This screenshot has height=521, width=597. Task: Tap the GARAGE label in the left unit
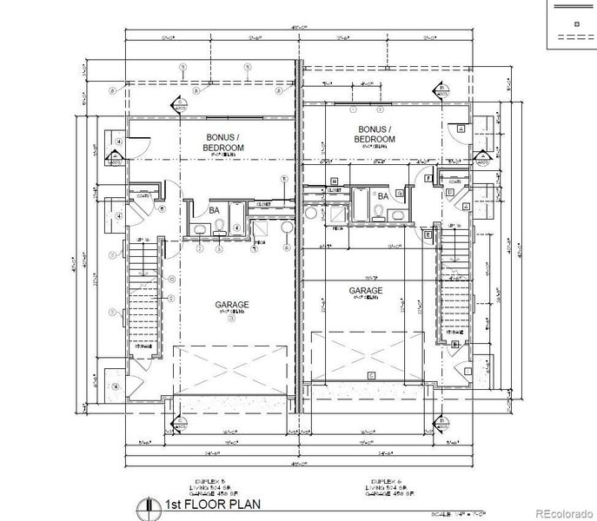[x=232, y=305]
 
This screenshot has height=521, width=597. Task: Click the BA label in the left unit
[x=214, y=210]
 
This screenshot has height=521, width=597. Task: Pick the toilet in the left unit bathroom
[x=220, y=227]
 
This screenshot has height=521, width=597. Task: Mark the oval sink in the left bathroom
[x=200, y=228]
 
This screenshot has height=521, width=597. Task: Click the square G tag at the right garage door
[x=371, y=375]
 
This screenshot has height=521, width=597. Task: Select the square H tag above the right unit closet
[x=333, y=181]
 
